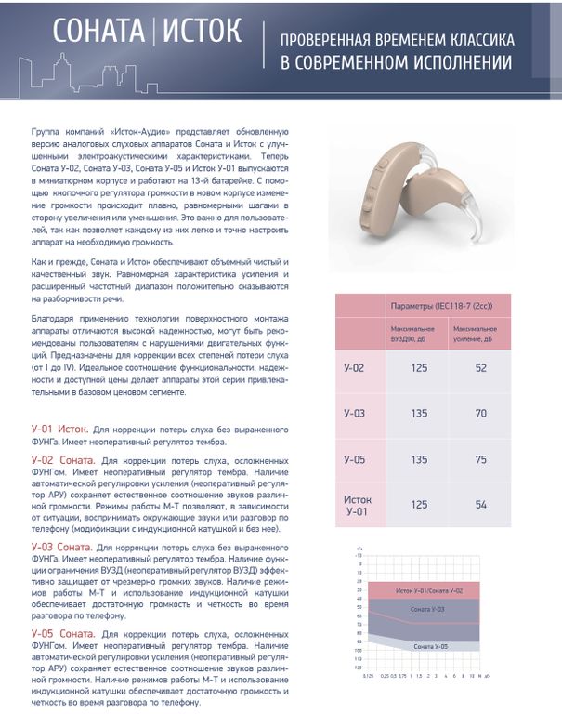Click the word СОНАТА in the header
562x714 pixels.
pos(98,33)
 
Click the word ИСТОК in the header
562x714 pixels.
pos(203,33)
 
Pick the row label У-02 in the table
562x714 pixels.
pos(354,368)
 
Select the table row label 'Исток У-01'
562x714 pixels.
pos(357,504)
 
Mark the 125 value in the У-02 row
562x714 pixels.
pos(419,368)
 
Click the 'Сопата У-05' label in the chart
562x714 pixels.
pos(431,645)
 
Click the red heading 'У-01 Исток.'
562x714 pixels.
pos(60,430)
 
